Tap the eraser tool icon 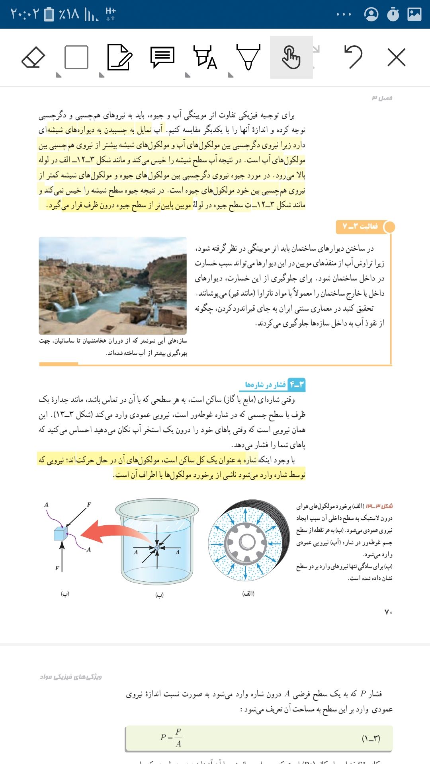click(33, 58)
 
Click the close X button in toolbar click(396, 57)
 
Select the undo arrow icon click(353, 57)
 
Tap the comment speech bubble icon click(162, 58)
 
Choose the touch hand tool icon click(291, 58)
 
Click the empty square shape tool click(76, 58)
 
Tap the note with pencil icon click(119, 58)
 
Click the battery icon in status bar click(49, 14)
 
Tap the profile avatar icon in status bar click(371, 14)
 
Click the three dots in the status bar click(344, 14)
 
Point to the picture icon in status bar click(414, 14)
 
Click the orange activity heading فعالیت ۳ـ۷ click(360, 226)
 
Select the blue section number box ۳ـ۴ click(297, 384)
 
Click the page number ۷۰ click(388, 612)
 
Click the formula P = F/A click(171, 737)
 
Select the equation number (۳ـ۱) click(371, 739)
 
